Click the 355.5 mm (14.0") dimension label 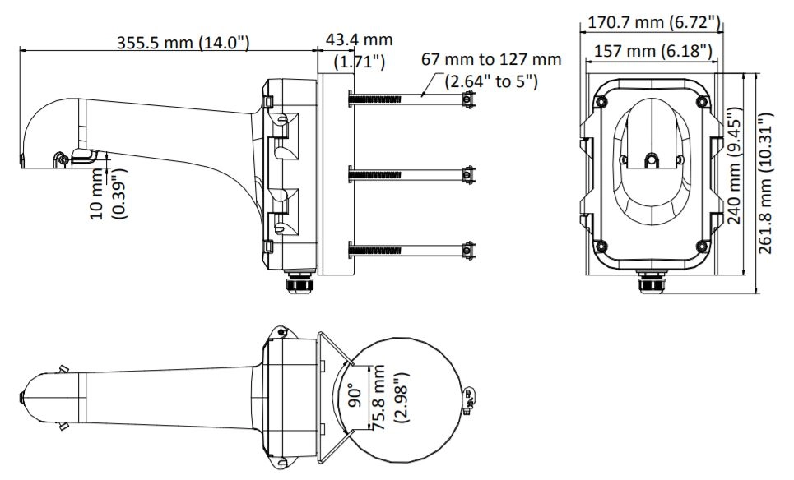[x=183, y=43]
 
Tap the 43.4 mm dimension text [x=359, y=39]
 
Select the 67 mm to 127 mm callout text [x=491, y=60]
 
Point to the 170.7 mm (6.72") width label [x=653, y=23]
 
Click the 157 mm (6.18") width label [x=652, y=51]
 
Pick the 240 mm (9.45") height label [x=734, y=165]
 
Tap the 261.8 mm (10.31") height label [x=766, y=183]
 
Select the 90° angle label [x=355, y=396]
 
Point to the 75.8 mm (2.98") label [x=390, y=396]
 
